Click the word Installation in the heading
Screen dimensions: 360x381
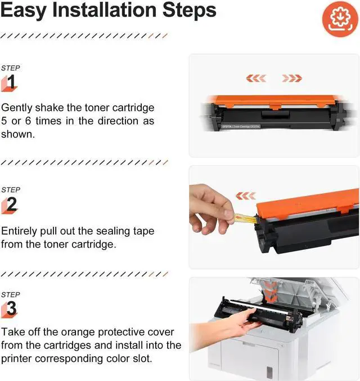click(105, 10)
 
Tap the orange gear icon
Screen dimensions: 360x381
click(340, 19)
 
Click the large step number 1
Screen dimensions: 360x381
click(11, 82)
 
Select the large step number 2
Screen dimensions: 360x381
click(12, 204)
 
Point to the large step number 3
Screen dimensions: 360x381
click(11, 308)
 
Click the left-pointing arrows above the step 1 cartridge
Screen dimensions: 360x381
click(256, 78)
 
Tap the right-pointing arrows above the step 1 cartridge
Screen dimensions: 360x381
click(292, 78)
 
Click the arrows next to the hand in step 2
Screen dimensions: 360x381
click(246, 196)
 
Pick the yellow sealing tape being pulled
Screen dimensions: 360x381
click(245, 218)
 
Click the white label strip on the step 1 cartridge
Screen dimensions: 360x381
click(241, 127)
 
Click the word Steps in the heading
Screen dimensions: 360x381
click(189, 10)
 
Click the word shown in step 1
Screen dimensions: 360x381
click(18, 134)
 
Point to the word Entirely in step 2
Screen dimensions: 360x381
click(19, 231)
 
